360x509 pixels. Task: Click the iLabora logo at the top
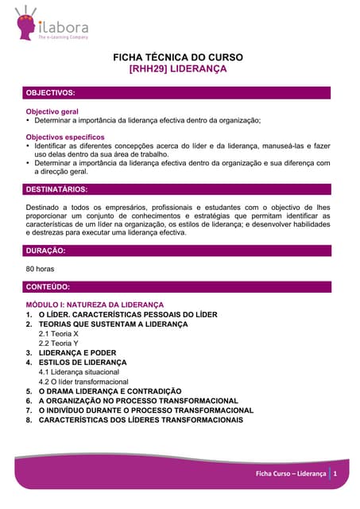[51, 23]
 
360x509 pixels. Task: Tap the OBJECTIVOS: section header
[51, 93]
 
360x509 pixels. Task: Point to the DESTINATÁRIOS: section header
[56, 189]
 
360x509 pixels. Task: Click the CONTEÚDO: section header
[48, 286]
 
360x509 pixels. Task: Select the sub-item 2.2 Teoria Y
[59, 344]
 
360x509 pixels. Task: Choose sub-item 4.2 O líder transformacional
[83, 382]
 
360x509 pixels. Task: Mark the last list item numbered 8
[141, 420]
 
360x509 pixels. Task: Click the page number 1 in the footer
[336, 473]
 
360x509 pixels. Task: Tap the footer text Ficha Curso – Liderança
[291, 473]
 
